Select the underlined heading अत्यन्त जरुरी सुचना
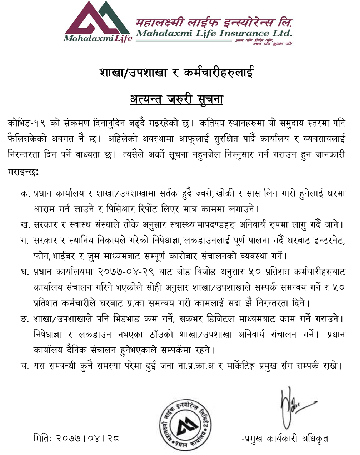tap(176, 99)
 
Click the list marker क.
tap(25, 193)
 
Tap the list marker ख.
tap(25, 225)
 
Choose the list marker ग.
tap(25, 241)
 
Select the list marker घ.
tap(25, 272)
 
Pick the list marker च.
tap(25, 366)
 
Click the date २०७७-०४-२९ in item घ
tap(126, 272)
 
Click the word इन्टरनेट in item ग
tap(323, 241)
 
